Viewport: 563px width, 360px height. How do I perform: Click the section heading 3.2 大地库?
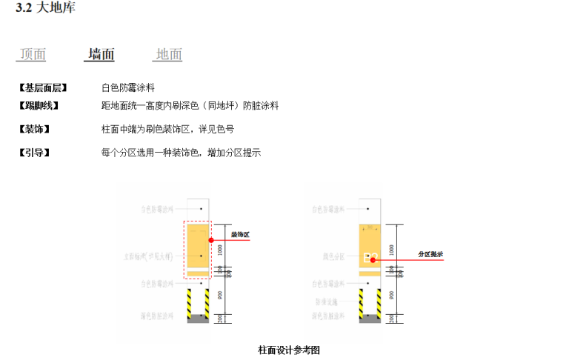tap(45, 9)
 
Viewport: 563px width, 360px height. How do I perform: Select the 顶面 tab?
tap(33, 54)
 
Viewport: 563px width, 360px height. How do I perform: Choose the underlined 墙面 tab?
tap(101, 54)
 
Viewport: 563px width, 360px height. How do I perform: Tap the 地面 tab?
tap(169, 54)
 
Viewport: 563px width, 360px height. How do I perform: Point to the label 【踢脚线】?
tap(37, 106)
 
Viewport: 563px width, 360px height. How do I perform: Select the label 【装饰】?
tap(33, 129)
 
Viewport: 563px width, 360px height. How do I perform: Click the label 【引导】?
tap(33, 153)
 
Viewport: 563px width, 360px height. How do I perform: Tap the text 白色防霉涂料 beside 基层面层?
tap(127, 87)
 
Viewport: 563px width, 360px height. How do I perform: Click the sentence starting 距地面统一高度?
tap(190, 106)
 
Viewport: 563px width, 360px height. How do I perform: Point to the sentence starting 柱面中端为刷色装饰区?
tap(167, 129)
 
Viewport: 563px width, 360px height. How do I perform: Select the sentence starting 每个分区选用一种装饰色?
tap(181, 153)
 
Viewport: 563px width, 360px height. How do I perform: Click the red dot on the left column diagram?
tap(211, 240)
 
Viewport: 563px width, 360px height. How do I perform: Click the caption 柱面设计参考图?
tap(288, 350)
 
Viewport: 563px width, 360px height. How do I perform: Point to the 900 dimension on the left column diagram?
tap(220, 295)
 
